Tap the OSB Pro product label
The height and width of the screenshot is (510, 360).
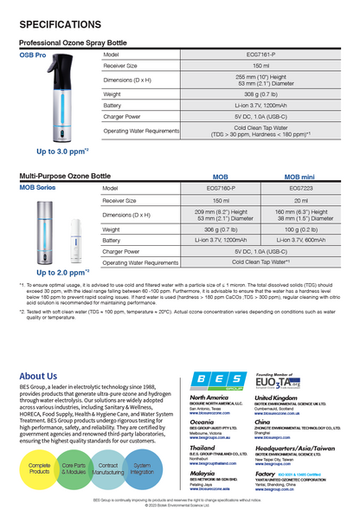(x=33, y=55)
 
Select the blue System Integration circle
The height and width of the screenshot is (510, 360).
(x=141, y=468)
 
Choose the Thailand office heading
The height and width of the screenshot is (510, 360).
(x=204, y=448)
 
